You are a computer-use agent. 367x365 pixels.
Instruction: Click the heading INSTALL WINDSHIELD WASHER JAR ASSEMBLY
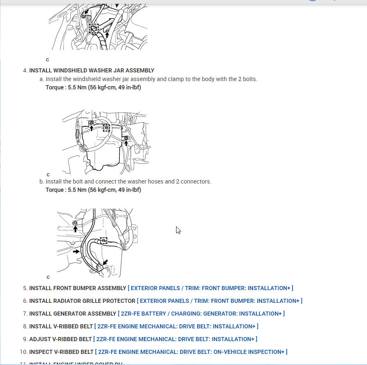click(x=92, y=70)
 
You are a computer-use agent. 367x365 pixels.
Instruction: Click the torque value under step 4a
click(x=93, y=88)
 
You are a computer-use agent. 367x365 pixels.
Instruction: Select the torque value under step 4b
click(x=93, y=190)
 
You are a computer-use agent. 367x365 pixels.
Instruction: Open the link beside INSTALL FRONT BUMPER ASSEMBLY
click(x=210, y=288)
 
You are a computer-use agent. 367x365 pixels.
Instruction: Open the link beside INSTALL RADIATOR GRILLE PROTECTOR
click(x=220, y=301)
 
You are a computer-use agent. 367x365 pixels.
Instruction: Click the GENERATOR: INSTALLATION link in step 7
click(x=201, y=314)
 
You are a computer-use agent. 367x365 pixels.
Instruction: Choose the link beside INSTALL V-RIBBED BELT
click(x=176, y=326)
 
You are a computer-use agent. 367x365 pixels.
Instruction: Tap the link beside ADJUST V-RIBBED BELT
click(x=175, y=339)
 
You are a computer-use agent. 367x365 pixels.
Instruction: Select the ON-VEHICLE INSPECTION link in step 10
click(x=191, y=352)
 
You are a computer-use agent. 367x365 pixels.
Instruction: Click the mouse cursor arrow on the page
click(x=178, y=230)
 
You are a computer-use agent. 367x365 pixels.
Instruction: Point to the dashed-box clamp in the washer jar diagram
click(x=106, y=128)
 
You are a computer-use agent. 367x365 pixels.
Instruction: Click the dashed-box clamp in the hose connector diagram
click(x=103, y=240)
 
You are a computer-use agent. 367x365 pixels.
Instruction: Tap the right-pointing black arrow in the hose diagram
click(x=76, y=251)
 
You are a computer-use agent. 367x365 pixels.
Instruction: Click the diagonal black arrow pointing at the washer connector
click(x=105, y=262)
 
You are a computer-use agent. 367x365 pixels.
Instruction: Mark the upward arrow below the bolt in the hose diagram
click(x=75, y=228)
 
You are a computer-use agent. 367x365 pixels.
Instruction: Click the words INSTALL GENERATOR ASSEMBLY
click(x=72, y=314)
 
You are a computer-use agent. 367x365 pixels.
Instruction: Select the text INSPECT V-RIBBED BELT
click(x=61, y=352)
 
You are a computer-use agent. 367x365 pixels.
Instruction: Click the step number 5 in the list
click(x=25, y=288)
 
